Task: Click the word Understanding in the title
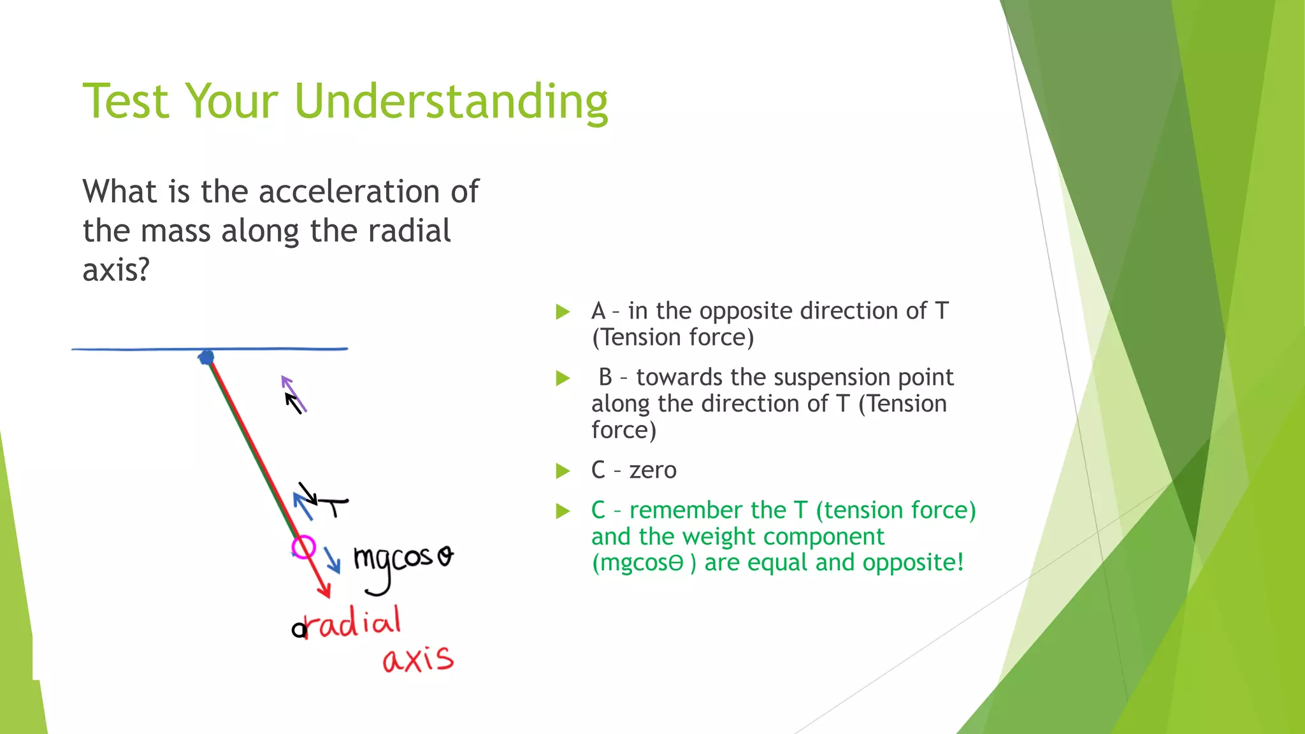tap(451, 102)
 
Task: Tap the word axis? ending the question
tap(116, 270)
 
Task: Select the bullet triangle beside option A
tap(563, 312)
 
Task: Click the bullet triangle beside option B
tap(563, 378)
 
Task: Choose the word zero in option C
tap(652, 470)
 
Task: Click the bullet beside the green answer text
tap(563, 511)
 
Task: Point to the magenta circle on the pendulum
tap(303, 547)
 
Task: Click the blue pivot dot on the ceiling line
tap(206, 356)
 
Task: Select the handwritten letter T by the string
tap(334, 507)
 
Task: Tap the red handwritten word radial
tap(354, 622)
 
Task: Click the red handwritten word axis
tap(418, 659)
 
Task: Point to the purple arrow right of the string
tap(294, 394)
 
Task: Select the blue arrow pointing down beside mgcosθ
tap(331, 560)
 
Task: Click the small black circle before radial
tap(298, 630)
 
